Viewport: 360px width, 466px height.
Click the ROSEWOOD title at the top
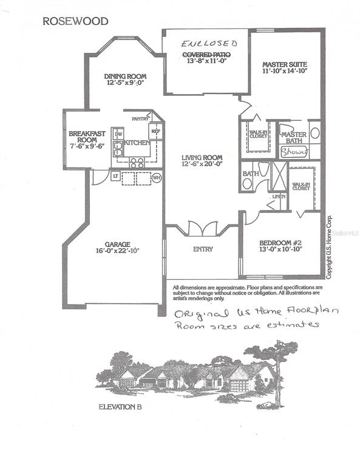(75, 21)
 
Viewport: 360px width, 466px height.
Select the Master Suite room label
(284, 64)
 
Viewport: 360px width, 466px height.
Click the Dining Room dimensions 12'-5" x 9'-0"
(125, 84)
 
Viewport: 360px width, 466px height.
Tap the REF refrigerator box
(155, 131)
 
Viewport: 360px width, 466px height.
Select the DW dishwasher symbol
(119, 133)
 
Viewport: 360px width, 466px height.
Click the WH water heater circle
(157, 177)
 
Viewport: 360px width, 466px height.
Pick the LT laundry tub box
(115, 176)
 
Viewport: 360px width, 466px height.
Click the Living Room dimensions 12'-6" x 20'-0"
(202, 163)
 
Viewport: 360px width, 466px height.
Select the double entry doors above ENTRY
(202, 229)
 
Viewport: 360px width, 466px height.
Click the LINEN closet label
(279, 196)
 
